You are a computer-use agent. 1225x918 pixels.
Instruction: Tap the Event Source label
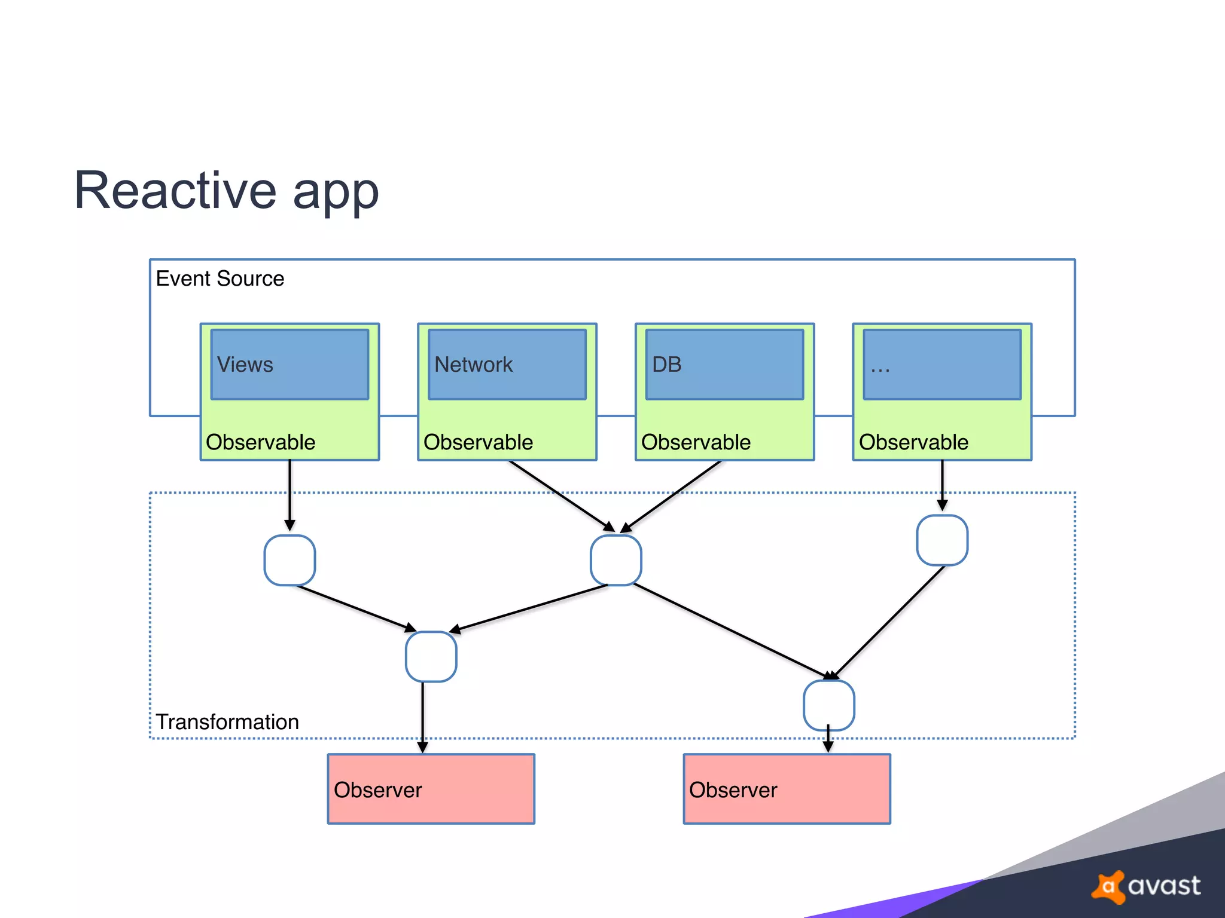[220, 279]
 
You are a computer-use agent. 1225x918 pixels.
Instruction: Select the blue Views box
[290, 365]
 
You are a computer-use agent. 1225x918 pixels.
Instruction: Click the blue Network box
[507, 365]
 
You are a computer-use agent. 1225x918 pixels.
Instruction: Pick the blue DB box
[724, 365]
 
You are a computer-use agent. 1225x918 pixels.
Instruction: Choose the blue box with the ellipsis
[942, 365]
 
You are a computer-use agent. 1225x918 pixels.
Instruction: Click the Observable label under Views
[260, 442]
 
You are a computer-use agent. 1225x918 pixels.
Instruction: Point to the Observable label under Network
[478, 442]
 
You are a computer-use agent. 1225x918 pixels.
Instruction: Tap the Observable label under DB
[696, 442]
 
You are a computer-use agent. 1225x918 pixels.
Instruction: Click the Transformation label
[227, 722]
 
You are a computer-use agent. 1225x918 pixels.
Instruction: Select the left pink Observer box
[431, 789]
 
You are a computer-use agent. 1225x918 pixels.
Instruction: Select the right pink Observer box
[787, 789]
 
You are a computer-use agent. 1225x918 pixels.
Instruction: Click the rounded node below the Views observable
[290, 561]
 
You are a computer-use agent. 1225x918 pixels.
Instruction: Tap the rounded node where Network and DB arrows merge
[616, 561]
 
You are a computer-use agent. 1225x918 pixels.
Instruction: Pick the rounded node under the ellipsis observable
[942, 540]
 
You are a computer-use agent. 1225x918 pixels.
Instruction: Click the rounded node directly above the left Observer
[431, 657]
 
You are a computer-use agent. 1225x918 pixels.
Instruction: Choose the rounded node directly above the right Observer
[828, 705]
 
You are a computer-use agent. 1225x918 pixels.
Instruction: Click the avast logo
[1146, 886]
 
